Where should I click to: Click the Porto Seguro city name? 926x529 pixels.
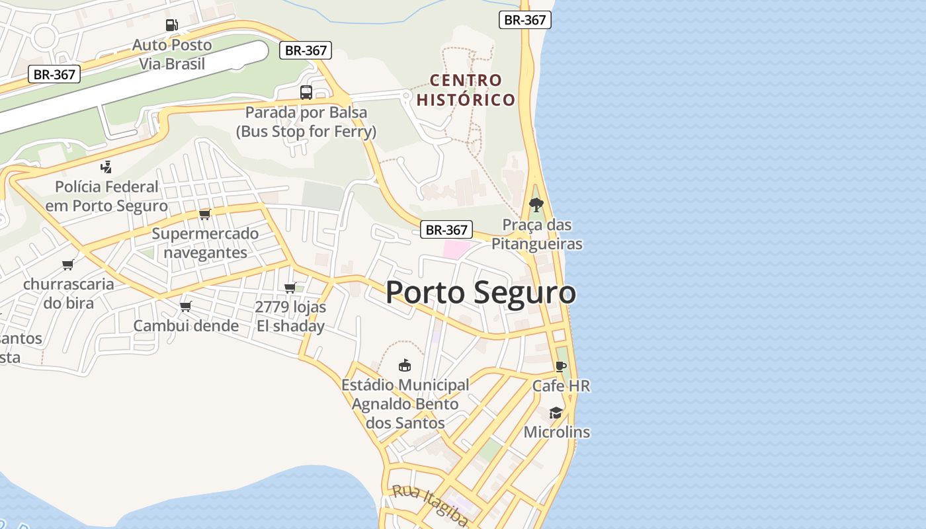[x=480, y=292]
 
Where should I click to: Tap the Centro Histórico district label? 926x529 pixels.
[x=466, y=90]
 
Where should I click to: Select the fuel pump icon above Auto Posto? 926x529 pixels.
[x=172, y=25]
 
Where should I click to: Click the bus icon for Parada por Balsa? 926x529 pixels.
[x=306, y=93]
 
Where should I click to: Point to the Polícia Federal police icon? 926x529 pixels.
[x=106, y=167]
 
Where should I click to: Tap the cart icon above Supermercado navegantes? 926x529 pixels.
[x=204, y=214]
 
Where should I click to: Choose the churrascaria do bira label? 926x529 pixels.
[x=69, y=294]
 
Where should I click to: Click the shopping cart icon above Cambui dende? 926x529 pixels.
[x=186, y=306]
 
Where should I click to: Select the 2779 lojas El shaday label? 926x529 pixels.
[x=290, y=317]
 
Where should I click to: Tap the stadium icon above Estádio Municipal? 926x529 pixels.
[x=405, y=365]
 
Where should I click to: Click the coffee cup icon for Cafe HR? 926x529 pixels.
[x=561, y=366]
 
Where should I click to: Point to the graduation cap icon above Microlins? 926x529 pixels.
[x=556, y=413]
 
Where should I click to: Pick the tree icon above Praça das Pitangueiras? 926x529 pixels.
[x=536, y=204]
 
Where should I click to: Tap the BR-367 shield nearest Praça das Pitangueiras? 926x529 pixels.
[x=447, y=230]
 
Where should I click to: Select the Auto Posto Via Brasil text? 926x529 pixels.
[x=172, y=54]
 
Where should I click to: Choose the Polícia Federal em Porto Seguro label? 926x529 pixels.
[x=106, y=196]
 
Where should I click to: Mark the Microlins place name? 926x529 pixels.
[x=557, y=432]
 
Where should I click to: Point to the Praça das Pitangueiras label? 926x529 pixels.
[x=537, y=234]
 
